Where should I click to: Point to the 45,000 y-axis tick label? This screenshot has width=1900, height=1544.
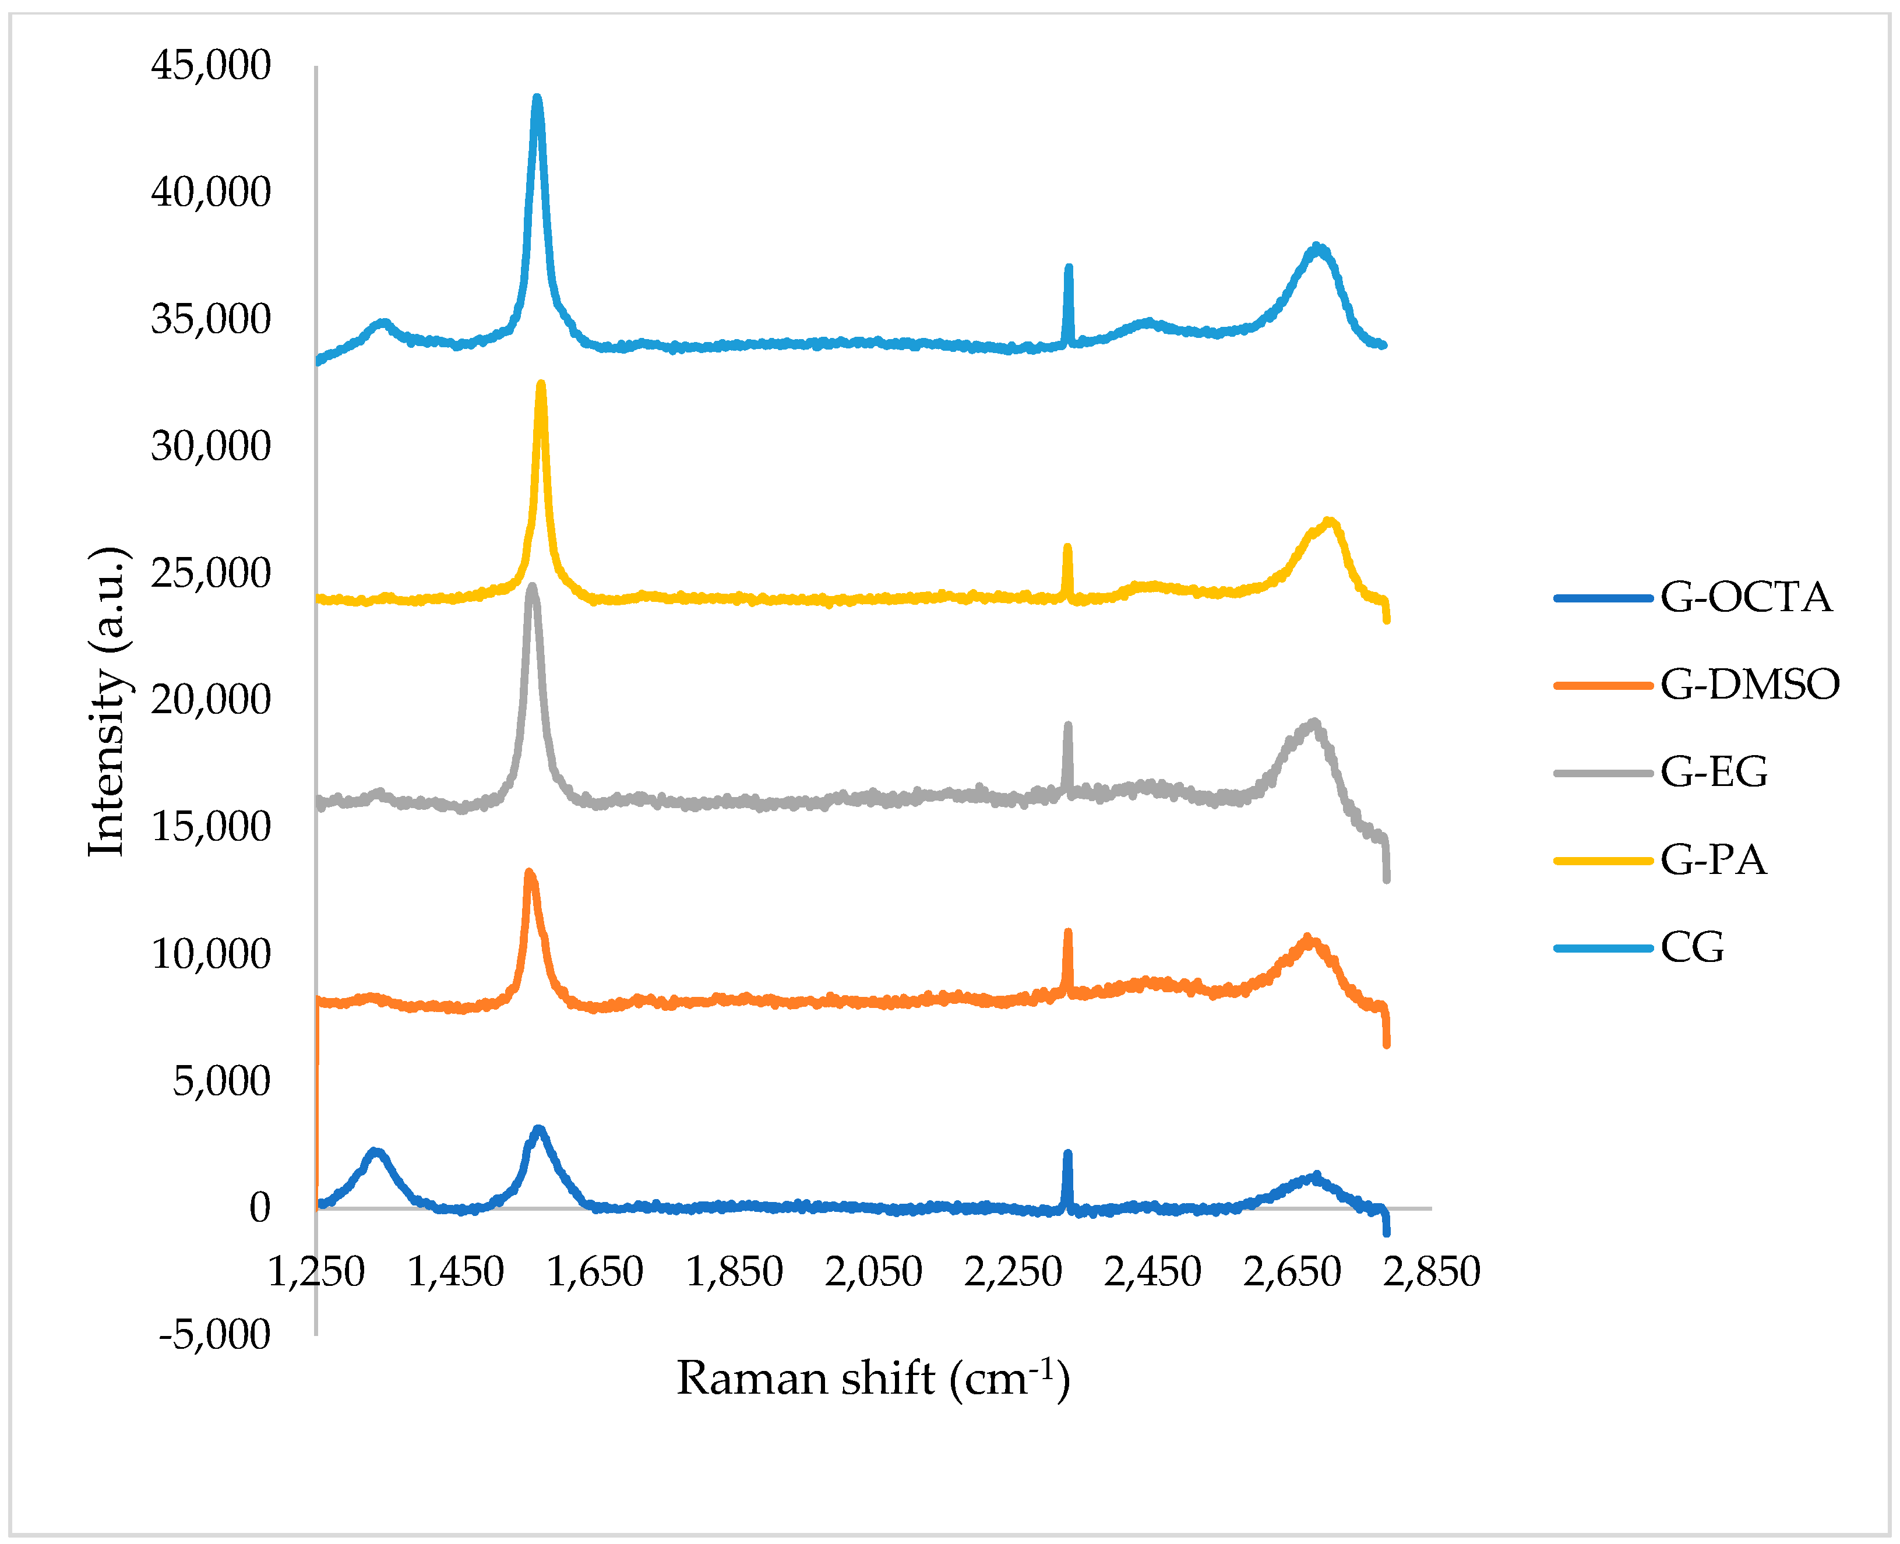pos(211,66)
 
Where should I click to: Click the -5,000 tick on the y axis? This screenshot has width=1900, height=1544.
pos(214,1334)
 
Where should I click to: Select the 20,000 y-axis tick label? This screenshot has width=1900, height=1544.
pos(211,700)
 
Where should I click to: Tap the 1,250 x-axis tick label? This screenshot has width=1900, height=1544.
pos(316,1272)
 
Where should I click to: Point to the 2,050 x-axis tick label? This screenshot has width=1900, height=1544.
pos(873,1272)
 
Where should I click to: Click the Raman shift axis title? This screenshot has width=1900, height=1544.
pos(873,1379)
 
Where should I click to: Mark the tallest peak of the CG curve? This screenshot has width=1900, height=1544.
pos(537,98)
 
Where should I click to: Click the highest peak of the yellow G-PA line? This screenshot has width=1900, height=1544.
pos(541,384)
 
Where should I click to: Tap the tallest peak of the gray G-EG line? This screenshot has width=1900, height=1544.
pos(533,586)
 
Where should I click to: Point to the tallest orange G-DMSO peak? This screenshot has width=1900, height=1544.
pos(529,873)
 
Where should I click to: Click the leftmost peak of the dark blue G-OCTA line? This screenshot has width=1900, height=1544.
pos(375,1152)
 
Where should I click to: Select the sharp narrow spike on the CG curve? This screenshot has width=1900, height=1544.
pos(1069,267)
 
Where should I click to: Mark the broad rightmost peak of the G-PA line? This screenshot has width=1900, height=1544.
pos(1329,522)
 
